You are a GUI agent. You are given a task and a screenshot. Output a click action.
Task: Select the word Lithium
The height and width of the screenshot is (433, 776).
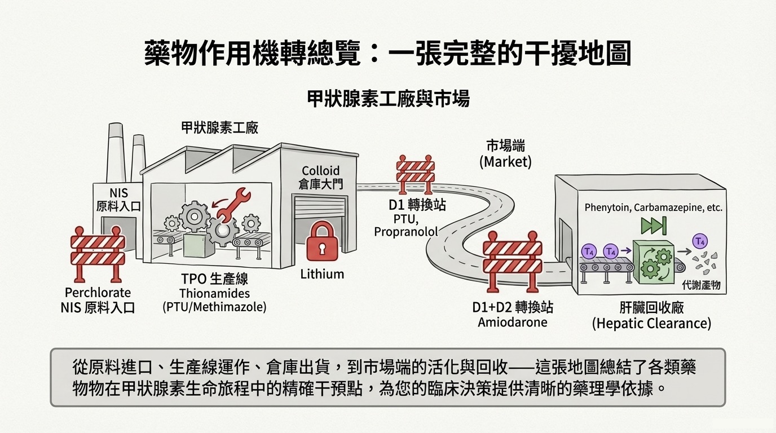[322, 275]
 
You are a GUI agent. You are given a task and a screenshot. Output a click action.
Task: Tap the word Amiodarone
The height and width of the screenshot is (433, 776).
[513, 322]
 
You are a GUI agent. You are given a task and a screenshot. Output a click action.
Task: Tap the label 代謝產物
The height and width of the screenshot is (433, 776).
[701, 285]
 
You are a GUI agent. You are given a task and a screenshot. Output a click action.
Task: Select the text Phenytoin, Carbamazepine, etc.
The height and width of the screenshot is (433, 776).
[653, 207]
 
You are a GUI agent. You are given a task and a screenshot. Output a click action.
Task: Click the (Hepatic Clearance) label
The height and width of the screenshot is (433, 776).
[651, 324]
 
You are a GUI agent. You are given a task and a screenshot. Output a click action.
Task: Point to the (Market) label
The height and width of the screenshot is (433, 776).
[505, 162]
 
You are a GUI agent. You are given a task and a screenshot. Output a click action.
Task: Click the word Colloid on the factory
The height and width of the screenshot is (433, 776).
[320, 170]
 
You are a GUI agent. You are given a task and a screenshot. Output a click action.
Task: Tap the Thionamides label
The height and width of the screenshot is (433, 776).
[214, 293]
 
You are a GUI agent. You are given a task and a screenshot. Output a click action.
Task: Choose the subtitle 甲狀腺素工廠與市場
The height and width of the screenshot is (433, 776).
[388, 100]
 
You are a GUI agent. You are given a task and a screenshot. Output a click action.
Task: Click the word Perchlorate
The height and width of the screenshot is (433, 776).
[98, 293]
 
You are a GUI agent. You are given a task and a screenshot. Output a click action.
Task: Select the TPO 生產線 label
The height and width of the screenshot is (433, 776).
[214, 279]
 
